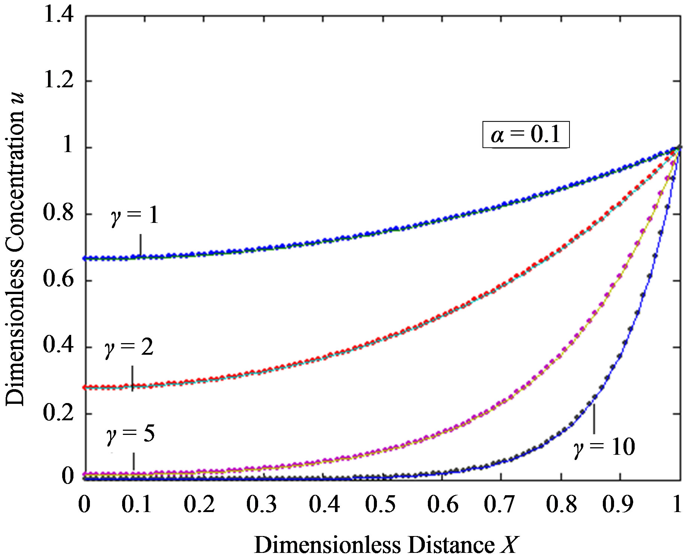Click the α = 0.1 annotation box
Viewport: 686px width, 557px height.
(x=525, y=134)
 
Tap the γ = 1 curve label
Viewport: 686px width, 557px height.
(x=135, y=217)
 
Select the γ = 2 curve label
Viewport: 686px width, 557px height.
(x=129, y=348)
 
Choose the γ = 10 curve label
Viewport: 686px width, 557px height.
(x=604, y=447)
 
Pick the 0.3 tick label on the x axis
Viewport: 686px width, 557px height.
(x=262, y=505)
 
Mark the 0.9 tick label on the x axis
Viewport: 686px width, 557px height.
(x=620, y=505)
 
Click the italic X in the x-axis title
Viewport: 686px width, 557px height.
(x=509, y=545)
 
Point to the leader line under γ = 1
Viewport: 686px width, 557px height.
(x=140, y=245)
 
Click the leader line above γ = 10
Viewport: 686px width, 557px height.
(x=594, y=419)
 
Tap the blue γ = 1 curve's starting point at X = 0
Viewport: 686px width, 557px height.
(x=85, y=258)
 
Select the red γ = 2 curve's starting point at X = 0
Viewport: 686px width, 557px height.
(x=85, y=387)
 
